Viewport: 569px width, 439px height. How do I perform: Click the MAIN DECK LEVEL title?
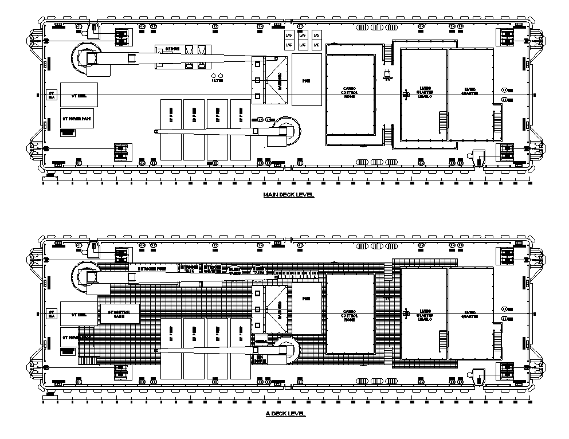[289, 195]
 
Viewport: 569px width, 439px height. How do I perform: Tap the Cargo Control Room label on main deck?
[350, 92]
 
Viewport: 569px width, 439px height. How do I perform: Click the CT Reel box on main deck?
[79, 95]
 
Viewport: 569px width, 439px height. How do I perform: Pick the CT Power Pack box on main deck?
[77, 118]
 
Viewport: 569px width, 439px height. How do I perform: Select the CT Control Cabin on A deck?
[119, 313]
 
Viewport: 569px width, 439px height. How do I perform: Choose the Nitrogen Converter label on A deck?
[213, 268]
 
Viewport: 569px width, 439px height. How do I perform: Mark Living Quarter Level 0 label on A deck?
[423, 315]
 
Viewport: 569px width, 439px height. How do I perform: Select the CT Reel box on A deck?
[79, 314]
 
